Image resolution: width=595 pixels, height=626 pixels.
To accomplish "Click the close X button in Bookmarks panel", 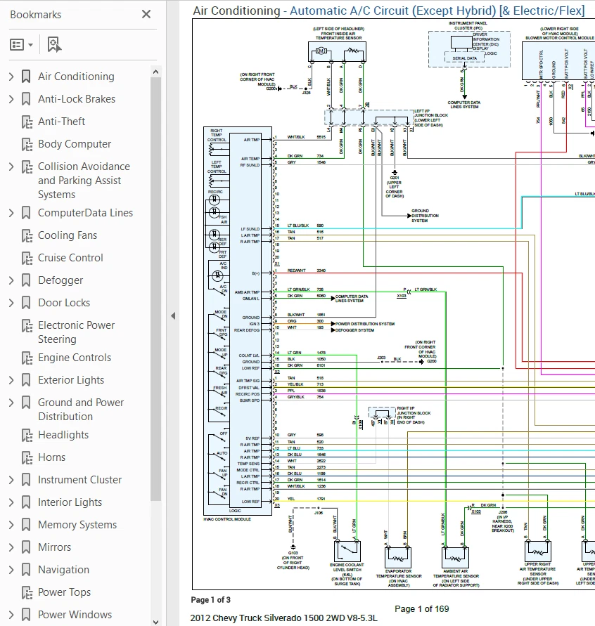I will pos(146,14).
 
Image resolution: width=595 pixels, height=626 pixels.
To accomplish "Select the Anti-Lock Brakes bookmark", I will pos(76,99).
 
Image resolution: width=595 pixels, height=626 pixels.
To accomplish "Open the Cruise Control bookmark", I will pos(70,258).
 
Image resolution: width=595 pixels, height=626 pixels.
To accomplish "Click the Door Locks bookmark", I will pos(64,303).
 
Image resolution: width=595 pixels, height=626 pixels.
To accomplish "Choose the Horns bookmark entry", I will pos(51,457).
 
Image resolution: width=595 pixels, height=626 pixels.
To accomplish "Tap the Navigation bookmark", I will pos(63,570).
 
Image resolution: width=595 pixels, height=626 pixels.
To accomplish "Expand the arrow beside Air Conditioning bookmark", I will pos(11,77).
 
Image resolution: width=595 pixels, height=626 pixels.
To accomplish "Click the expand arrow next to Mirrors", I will pos(11,547).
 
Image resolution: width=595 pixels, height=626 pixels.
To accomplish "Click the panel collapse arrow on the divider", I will pos(173,316).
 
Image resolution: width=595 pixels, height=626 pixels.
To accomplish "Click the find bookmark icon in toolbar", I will pos(54,45).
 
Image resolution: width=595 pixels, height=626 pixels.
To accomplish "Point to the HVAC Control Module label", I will pos(226,519).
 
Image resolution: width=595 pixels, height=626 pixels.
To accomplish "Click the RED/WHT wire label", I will pos(295,270).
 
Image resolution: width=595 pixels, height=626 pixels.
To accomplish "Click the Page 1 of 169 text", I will pos(421,608).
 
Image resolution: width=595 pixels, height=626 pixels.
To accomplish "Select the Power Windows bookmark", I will pos(75,615).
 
